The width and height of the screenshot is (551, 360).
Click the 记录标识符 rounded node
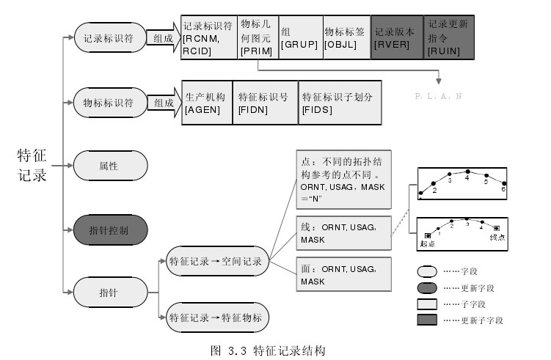109,38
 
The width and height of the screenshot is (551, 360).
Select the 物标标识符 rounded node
109,103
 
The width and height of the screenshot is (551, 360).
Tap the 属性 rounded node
109,166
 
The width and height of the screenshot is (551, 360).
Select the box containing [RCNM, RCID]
209,37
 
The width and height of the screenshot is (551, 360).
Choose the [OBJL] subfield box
346,37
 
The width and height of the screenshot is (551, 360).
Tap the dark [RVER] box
397,37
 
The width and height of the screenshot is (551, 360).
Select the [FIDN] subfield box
266,103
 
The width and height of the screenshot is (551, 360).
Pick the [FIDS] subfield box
340,103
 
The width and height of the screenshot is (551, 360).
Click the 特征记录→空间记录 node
217,261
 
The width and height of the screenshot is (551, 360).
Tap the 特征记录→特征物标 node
217,318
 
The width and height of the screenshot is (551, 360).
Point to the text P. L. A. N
438,96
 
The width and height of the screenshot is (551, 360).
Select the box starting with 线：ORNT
340,234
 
